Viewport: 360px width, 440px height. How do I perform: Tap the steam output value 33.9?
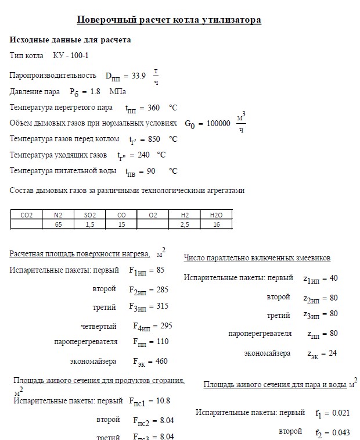pyautogui.click(x=139, y=76)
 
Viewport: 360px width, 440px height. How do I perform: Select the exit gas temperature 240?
pyautogui.click(x=144, y=155)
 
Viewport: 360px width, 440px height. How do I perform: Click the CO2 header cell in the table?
pyautogui.click(x=26, y=215)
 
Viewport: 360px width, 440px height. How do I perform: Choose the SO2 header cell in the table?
pyautogui.click(x=90, y=215)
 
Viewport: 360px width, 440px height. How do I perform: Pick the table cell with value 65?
pyautogui.click(x=58, y=224)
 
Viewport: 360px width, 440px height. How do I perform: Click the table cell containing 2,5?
pyautogui.click(x=185, y=224)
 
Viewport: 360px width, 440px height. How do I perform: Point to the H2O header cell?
pyautogui.click(x=216, y=215)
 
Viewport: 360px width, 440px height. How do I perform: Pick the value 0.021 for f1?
pyautogui.click(x=340, y=413)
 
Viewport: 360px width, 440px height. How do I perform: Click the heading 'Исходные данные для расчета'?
pyautogui.click(x=70, y=40)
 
